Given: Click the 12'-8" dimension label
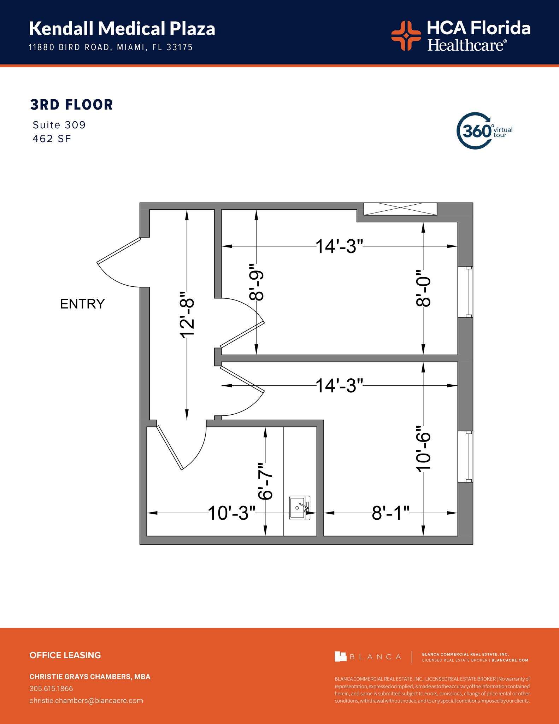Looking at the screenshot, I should coord(187,315).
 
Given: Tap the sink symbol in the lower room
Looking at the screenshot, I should coord(300,508).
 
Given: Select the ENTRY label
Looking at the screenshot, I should coord(82,304).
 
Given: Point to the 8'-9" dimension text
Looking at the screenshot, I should coord(257,282).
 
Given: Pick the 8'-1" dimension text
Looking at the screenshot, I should coord(390,513).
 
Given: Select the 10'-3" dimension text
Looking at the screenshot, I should coord(231,513).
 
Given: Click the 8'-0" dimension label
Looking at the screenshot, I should coord(423,288).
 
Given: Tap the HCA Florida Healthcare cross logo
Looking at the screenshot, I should coord(406,35).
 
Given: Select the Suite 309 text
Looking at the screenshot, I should coord(59,125).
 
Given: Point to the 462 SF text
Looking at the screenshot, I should coord(52,139).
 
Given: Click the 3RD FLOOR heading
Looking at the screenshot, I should coord(71,105).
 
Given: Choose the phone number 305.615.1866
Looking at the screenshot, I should coord(51,688).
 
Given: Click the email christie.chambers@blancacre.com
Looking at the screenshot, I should coord(86,700).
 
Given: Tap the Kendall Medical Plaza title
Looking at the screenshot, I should coord(122,29).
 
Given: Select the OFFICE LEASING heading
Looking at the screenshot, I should coord(65,655).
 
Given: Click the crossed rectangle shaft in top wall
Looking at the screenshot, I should coord(400,209).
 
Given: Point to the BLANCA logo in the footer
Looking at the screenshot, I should coord(368,656).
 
